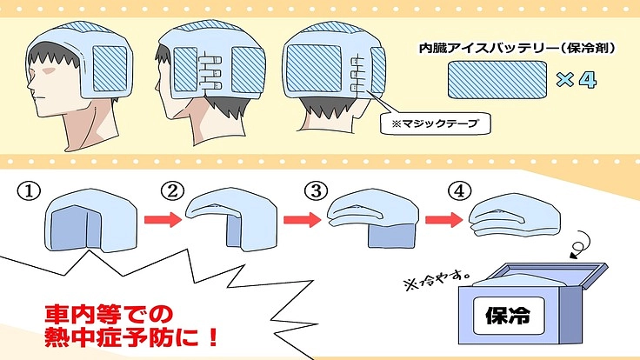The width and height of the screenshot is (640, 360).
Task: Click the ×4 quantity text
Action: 575,82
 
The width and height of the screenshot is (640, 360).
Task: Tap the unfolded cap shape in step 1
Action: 78,222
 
